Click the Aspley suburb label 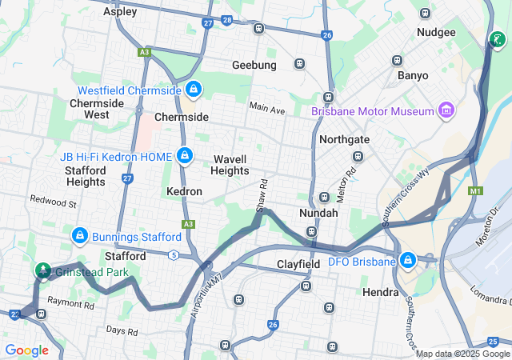120,12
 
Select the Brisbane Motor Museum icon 446,110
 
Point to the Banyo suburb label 413,75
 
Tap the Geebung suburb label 254,65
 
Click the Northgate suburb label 344,139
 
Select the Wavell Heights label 230,165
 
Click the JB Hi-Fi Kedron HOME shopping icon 185,154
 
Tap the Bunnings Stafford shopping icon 79,236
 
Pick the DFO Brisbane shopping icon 408,260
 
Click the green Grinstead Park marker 42,270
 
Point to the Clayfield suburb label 298,264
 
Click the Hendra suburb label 380,292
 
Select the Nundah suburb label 318,214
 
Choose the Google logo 26,350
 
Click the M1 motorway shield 477,191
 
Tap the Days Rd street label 122,330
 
